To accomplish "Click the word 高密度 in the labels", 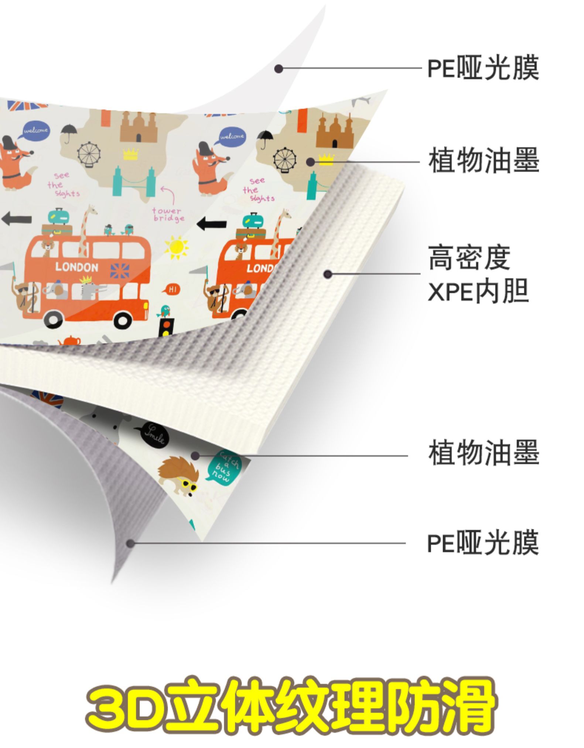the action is [469, 257].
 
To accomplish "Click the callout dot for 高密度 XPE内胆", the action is [327, 274].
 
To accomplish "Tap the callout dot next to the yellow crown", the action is [311, 162].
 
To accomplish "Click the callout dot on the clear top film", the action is [279, 68].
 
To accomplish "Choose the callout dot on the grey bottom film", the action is [130, 543].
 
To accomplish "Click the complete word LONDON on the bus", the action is [77, 267].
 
